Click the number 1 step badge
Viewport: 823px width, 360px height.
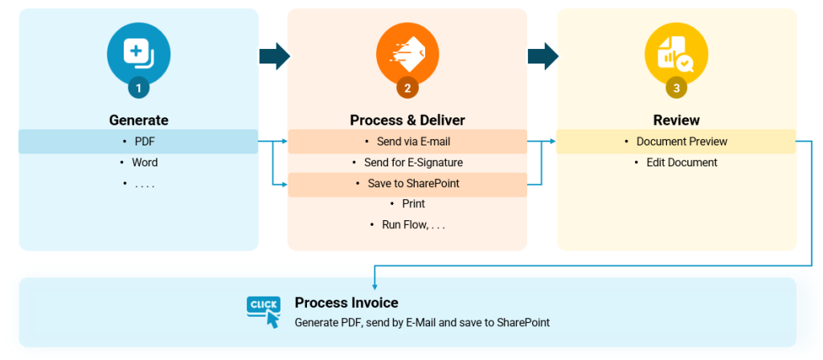pyautogui.click(x=138, y=87)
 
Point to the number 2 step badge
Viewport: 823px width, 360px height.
pyautogui.click(x=407, y=87)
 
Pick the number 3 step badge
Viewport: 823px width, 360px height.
pyautogui.click(x=676, y=87)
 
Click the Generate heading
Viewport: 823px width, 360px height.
pyautogui.click(x=138, y=121)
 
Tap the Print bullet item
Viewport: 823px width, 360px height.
pyautogui.click(x=413, y=204)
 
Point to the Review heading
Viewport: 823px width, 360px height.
pyautogui.click(x=676, y=121)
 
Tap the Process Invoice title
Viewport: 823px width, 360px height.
pyautogui.click(x=346, y=303)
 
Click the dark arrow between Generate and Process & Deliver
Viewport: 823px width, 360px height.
pyautogui.click(x=273, y=56)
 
